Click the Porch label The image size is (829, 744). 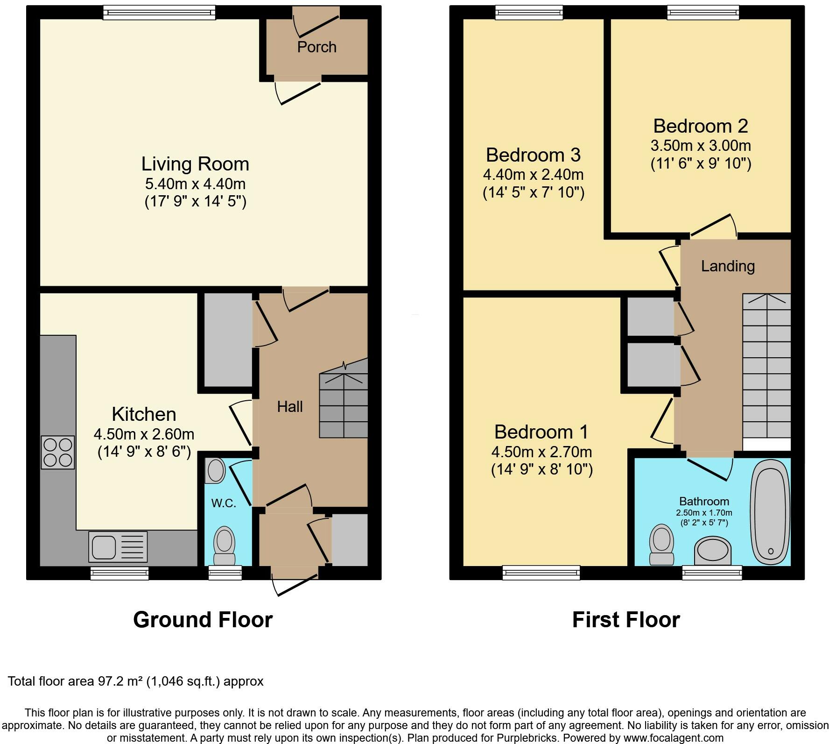(316, 47)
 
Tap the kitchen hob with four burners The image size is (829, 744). (58, 452)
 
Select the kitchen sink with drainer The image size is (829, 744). (118, 547)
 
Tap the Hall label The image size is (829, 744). (289, 407)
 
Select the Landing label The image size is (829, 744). (728, 266)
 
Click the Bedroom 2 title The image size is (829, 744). (700, 126)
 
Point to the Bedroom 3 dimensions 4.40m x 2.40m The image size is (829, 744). (533, 175)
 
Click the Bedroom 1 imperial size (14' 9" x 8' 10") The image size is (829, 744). (541, 469)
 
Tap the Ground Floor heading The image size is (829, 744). (203, 620)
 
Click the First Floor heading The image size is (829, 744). (625, 620)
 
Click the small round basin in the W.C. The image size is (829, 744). (216, 470)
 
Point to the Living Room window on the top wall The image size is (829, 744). (159, 12)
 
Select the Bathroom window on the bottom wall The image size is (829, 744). (712, 573)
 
